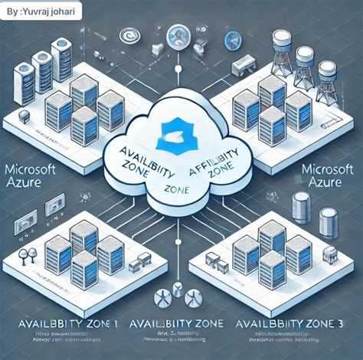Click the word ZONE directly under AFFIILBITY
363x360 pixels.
pyautogui.click(x=217, y=172)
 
